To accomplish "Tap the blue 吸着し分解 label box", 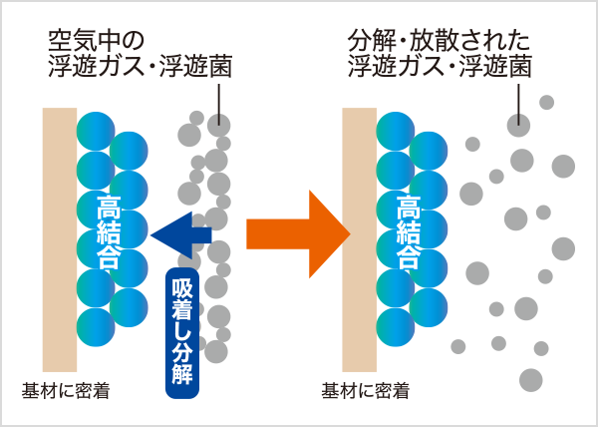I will [183, 328].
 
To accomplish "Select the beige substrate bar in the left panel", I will [59, 239].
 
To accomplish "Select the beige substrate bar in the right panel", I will [359, 239].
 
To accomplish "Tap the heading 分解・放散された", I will [439, 42].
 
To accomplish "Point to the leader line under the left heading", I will [218, 100].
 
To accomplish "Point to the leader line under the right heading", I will [517, 100].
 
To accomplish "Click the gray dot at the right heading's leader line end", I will [517, 126].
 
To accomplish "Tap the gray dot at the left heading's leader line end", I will [218, 126].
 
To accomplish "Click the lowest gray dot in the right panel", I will [531, 380].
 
